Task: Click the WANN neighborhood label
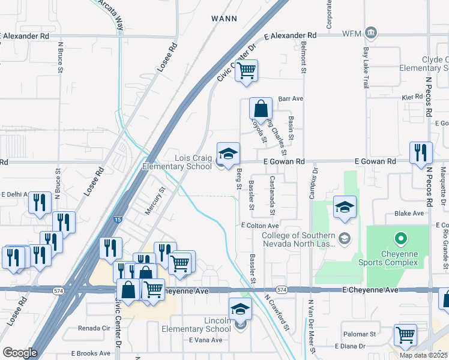(225, 19)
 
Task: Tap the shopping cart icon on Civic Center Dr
(246, 71)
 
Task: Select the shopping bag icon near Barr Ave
(261, 109)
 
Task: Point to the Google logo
(20, 352)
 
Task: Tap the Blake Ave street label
(409, 213)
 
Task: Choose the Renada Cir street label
(94, 328)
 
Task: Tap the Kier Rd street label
(412, 96)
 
